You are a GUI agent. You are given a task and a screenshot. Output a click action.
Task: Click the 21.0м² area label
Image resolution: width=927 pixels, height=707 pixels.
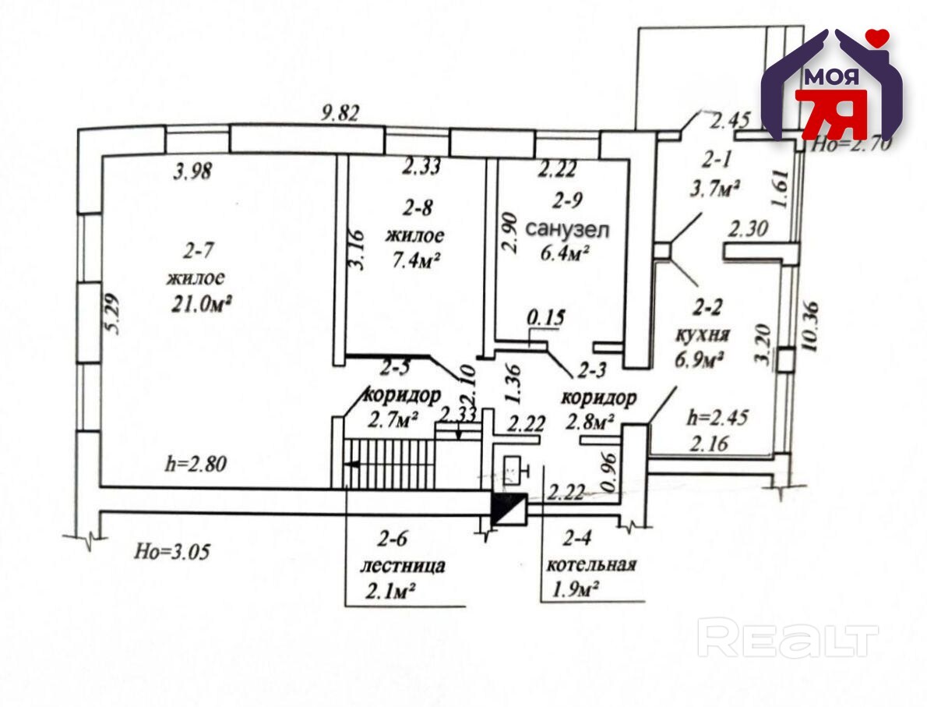click(x=201, y=304)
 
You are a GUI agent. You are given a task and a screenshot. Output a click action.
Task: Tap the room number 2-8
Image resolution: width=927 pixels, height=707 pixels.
click(x=418, y=207)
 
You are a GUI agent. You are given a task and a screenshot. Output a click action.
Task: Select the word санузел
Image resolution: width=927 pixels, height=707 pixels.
click(x=566, y=229)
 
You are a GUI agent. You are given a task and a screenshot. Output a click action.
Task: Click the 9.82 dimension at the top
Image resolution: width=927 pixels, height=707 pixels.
click(x=340, y=112)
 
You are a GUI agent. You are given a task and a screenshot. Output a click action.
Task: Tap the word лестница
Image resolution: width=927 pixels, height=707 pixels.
click(x=403, y=566)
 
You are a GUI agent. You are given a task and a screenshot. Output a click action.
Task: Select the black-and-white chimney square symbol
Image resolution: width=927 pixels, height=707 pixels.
click(x=509, y=508)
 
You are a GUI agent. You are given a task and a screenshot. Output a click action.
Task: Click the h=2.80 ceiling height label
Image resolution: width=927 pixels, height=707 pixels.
click(x=196, y=463)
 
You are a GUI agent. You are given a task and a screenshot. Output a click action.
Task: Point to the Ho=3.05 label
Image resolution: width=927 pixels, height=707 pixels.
click(x=172, y=552)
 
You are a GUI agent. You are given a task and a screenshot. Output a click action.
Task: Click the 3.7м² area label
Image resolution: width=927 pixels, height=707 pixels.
click(x=716, y=189)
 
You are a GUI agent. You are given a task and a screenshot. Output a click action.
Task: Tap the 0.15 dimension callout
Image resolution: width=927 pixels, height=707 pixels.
click(x=545, y=317)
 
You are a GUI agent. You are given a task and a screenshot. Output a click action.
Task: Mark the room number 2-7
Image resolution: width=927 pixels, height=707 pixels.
click(x=197, y=252)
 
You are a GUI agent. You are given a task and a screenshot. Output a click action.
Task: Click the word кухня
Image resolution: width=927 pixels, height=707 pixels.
click(x=703, y=334)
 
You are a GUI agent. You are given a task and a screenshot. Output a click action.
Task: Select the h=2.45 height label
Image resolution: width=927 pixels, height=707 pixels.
click(x=717, y=418)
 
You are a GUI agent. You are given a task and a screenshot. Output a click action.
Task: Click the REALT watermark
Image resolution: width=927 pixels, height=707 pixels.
click(x=788, y=637)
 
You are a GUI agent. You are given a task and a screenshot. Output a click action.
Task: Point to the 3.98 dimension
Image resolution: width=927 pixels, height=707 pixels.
click(x=192, y=172)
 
